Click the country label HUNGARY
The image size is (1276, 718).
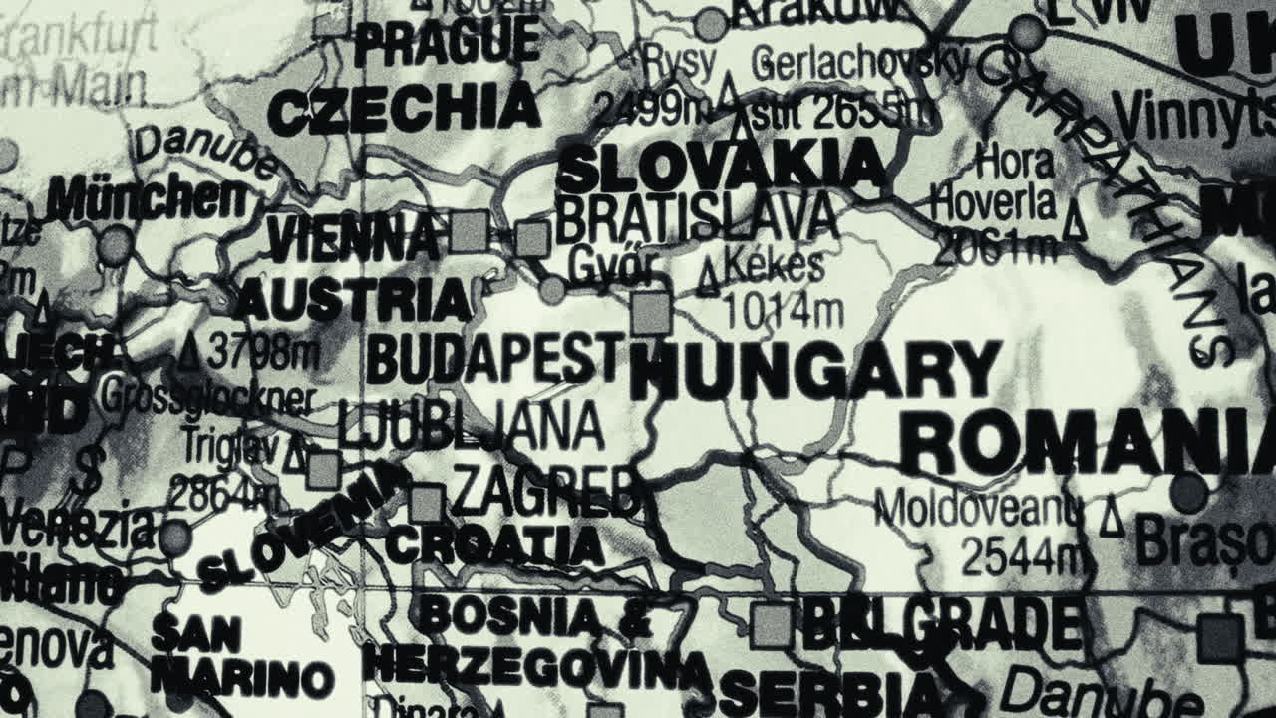(x=815, y=371)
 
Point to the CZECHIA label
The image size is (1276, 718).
(x=404, y=110)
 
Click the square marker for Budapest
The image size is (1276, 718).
(x=651, y=314)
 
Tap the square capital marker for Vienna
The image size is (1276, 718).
(x=469, y=231)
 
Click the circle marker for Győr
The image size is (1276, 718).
(x=552, y=291)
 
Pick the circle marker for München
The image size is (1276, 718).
(x=115, y=244)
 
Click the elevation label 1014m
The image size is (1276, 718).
(x=783, y=312)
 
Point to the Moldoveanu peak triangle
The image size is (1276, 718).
(x=1112, y=520)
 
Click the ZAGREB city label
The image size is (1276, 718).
(x=545, y=492)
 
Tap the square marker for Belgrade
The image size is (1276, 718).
(x=772, y=626)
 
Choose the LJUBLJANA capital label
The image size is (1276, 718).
(x=471, y=427)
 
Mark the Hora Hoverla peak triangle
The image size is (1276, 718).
(x=1075, y=221)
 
